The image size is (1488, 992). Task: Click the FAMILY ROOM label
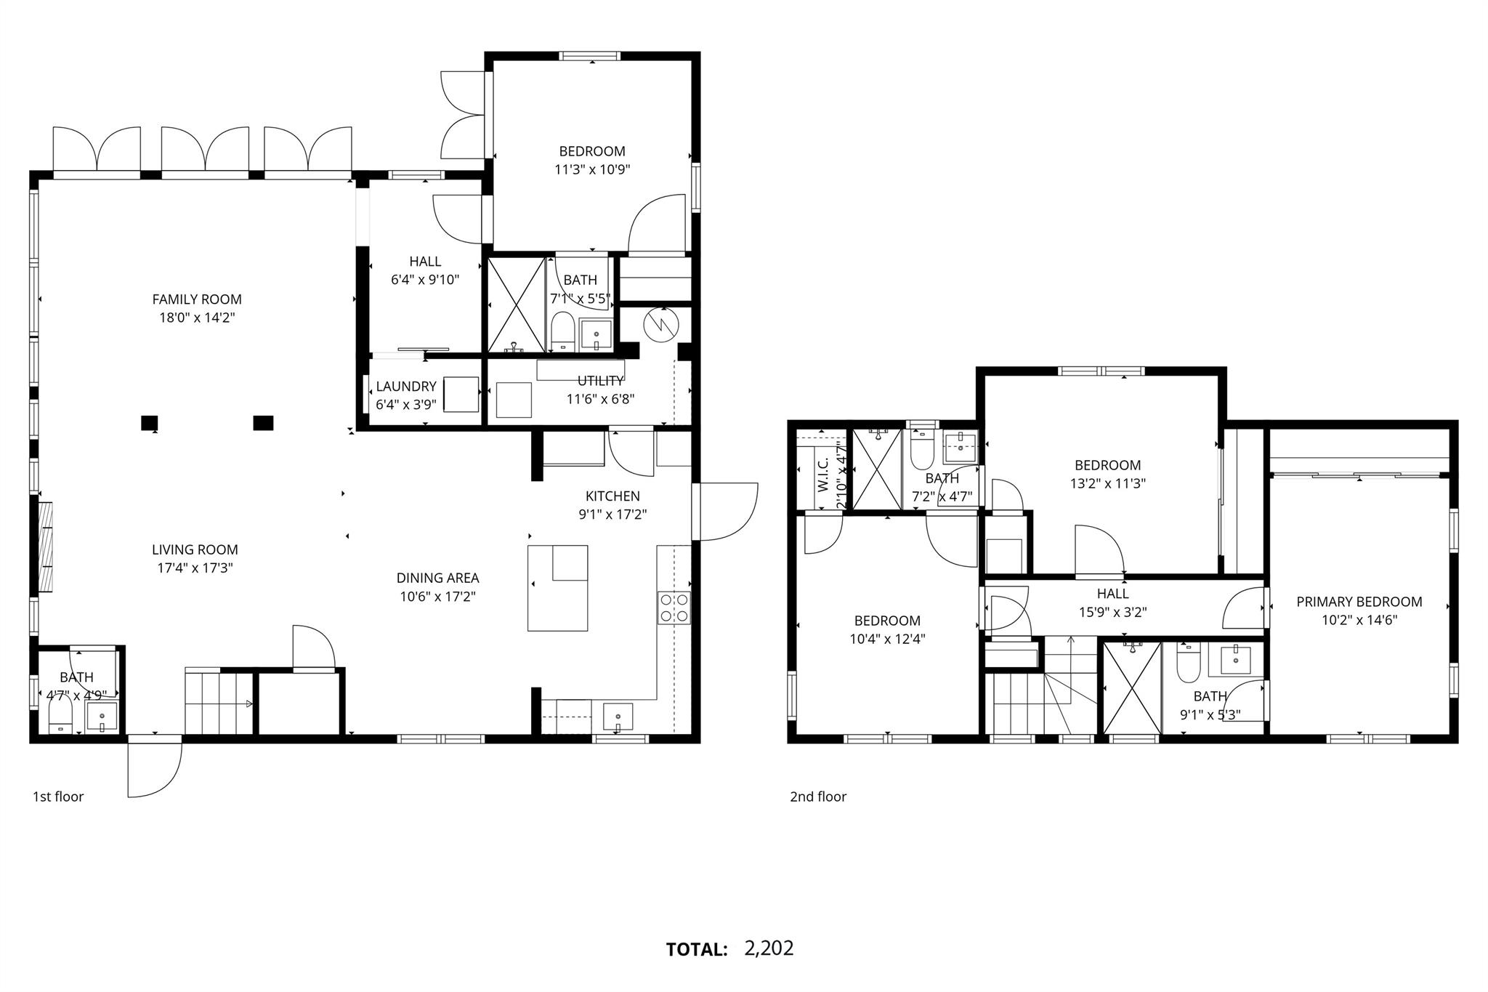pos(197,299)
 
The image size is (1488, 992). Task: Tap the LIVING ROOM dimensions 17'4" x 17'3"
pos(195,568)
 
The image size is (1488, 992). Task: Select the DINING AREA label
pos(437,578)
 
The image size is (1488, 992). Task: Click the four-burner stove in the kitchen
pos(674,608)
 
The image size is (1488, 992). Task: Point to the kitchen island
pos(557,588)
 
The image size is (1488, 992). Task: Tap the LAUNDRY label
pos(406,387)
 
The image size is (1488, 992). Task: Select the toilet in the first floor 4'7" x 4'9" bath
pos(60,718)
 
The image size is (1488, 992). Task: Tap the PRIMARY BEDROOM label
pos(1359,602)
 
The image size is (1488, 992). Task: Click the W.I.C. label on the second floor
pos(823,475)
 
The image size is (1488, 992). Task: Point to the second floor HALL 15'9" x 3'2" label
pos(1112,594)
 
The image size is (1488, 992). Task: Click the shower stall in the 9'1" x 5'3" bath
pos(1132,689)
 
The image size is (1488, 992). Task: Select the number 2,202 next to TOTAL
pos(769,948)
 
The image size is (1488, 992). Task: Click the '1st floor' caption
pos(58,797)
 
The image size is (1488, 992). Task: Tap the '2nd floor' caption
pos(818,797)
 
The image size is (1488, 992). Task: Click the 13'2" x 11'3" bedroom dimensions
pos(1108,483)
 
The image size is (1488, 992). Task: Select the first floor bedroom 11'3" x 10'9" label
pos(592,151)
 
